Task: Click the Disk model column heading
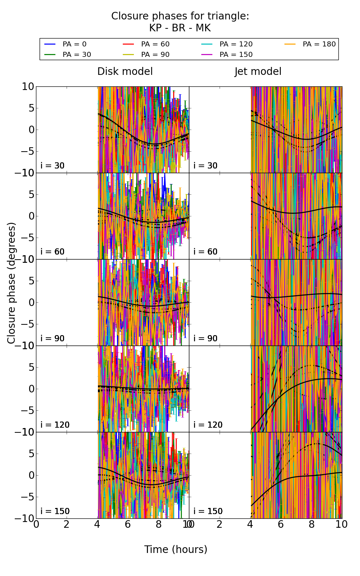tap(125, 72)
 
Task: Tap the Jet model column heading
tap(258, 72)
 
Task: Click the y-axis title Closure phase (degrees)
tap(12, 283)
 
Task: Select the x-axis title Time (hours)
tap(176, 550)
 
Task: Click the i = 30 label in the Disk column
tap(53, 166)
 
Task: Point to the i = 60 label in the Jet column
tap(206, 252)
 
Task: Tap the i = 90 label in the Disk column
tap(53, 338)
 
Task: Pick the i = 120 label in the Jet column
tap(208, 425)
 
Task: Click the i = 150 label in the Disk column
tap(55, 511)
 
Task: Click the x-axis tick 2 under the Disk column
tap(67, 525)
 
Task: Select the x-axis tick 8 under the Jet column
tap(311, 525)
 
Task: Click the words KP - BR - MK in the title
tap(180, 28)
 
